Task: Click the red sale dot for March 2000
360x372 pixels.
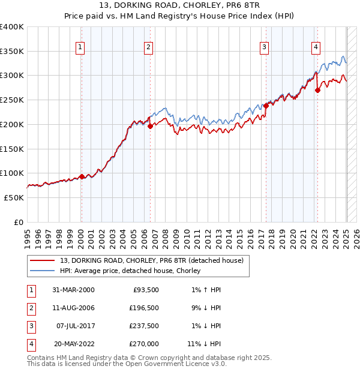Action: (82, 176)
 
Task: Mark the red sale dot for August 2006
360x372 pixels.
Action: (150, 126)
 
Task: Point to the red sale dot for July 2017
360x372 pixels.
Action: (266, 106)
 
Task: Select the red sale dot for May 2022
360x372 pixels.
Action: (317, 90)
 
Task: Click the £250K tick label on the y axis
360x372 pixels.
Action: (12, 100)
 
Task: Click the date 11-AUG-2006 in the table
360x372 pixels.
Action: (74, 308)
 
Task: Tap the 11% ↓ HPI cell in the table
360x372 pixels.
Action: (205, 344)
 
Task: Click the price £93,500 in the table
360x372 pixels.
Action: (145, 290)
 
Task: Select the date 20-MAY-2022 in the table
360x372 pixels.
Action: (74, 344)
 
